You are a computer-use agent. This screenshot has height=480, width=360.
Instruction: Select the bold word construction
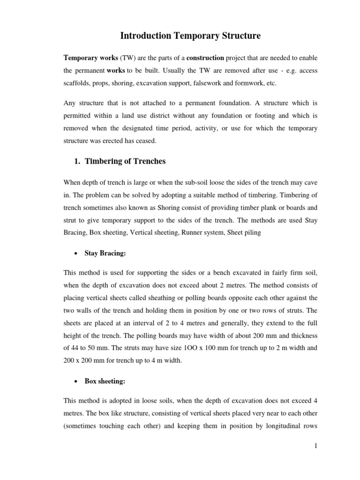coord(205,58)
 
